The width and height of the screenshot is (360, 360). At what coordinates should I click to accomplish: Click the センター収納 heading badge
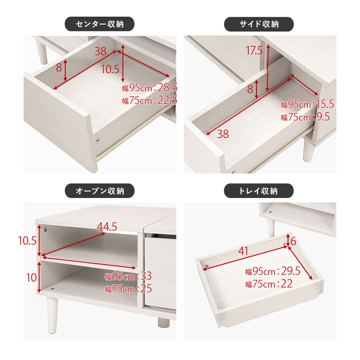[99, 24]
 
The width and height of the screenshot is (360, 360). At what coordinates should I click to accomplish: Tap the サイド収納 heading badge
[259, 24]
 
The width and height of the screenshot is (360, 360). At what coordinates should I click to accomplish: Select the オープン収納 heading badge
[99, 191]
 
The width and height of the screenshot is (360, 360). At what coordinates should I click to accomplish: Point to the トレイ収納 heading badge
[259, 191]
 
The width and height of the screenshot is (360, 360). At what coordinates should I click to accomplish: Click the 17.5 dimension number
[254, 50]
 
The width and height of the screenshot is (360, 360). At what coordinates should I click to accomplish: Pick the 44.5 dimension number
[107, 227]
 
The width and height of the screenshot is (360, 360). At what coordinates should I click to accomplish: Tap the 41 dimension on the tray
[243, 251]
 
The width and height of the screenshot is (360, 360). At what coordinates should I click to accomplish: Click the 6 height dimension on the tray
[293, 241]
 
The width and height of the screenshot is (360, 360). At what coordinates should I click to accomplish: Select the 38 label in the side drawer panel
[223, 134]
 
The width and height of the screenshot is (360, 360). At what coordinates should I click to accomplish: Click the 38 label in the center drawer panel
[100, 51]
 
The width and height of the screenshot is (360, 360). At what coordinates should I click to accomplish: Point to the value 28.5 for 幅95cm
[167, 87]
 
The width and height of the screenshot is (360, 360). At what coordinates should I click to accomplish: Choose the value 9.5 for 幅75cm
[323, 117]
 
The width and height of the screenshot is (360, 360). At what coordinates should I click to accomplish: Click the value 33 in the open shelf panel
[146, 276]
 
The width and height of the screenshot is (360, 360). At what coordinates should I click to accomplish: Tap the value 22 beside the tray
[287, 284]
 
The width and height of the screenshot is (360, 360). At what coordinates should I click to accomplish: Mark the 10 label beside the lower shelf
[31, 278]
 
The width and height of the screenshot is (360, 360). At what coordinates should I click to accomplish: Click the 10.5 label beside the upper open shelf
[27, 241]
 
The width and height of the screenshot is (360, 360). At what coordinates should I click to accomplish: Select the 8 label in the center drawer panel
[59, 67]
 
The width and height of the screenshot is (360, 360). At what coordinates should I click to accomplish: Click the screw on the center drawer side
[98, 140]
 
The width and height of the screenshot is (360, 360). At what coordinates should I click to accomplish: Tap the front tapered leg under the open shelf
[52, 315]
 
